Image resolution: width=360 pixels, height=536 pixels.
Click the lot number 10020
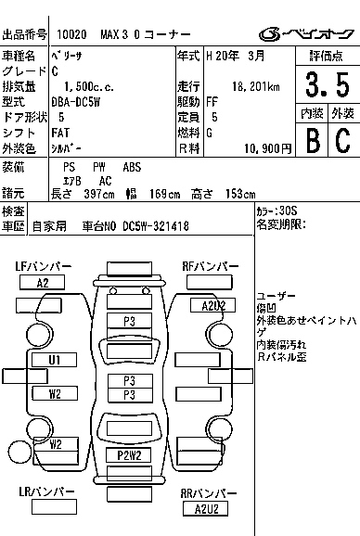tap(71, 34)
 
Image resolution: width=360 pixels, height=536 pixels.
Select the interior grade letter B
tap(313, 139)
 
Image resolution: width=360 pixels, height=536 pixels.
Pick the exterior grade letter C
tap(342, 139)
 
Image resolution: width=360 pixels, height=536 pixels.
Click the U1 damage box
tap(56, 359)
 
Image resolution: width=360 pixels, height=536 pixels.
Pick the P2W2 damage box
tap(129, 454)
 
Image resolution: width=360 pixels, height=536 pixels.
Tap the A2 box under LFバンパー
tap(44, 283)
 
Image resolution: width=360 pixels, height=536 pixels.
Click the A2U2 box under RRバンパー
tap(207, 508)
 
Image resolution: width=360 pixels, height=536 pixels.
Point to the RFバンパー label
tap(209, 267)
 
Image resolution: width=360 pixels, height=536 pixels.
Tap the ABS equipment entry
tap(133, 167)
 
